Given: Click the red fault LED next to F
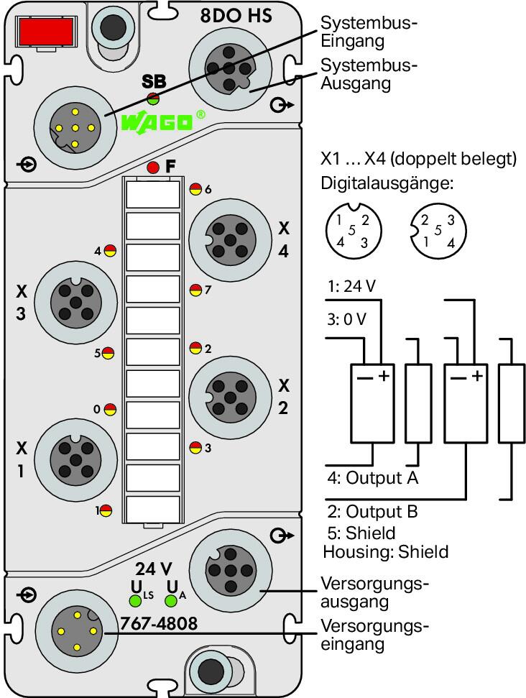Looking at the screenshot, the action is tap(152, 167).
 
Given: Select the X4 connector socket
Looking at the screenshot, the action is tap(230, 240).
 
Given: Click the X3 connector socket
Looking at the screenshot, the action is tap(75, 303).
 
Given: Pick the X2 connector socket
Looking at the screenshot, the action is tap(230, 397).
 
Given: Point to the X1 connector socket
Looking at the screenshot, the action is tap(75, 460).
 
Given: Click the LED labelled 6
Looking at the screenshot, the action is tap(195, 189).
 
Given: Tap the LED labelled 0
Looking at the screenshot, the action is tap(110, 409).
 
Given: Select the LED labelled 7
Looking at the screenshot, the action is tap(195, 290).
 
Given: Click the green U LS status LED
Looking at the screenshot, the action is tap(135, 600).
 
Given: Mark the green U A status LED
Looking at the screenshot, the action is tap(171, 601).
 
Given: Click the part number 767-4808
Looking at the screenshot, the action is tap(159, 624).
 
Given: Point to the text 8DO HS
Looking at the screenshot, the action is tap(236, 16).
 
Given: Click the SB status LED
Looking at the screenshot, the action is tap(153, 98).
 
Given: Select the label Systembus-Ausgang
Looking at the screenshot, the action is tap(369, 74).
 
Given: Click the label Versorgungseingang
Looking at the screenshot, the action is tap(374, 635).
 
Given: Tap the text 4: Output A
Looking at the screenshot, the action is tap(373, 477).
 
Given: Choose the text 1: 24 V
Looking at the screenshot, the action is tap(351, 286).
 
